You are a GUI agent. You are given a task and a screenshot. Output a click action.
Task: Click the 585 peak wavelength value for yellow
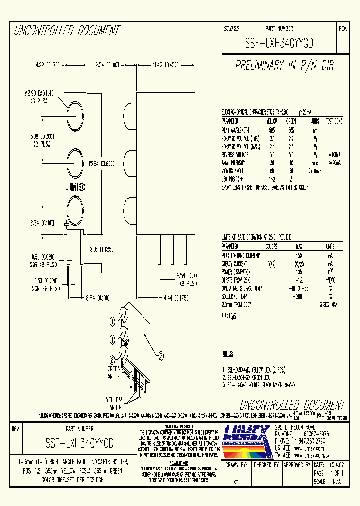(271, 129)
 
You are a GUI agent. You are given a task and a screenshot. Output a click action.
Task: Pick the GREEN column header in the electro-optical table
(291, 121)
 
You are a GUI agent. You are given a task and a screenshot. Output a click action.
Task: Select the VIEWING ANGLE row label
(234, 171)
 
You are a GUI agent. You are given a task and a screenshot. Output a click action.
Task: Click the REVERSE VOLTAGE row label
(236, 155)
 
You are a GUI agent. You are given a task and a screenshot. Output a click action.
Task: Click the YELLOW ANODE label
(114, 402)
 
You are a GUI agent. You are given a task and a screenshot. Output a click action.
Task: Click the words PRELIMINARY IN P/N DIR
(284, 65)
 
